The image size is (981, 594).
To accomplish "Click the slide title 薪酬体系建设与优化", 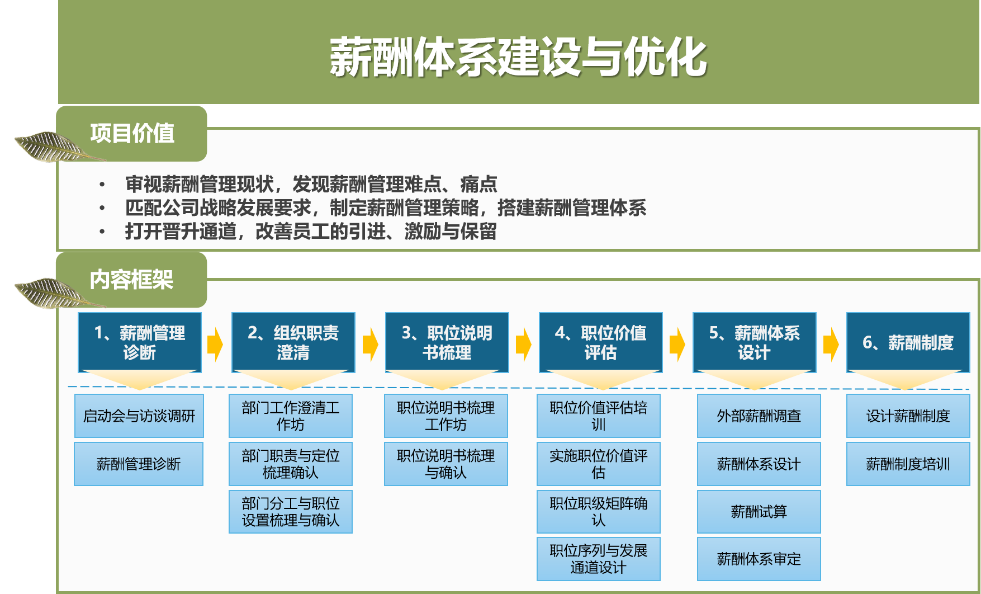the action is [518, 57].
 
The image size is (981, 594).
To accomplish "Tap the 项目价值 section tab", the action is [132, 134].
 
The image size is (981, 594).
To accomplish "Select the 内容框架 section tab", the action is [132, 280].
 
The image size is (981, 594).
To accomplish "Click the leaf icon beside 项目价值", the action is [53, 147].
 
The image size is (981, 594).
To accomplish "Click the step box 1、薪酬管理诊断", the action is [140, 342].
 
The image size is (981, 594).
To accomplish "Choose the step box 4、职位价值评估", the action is [601, 342].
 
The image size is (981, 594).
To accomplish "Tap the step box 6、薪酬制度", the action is [908, 342].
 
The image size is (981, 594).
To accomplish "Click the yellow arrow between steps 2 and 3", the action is [370, 344].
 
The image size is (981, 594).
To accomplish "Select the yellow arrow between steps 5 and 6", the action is [831, 344].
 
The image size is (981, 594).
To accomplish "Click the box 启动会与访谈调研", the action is [139, 416].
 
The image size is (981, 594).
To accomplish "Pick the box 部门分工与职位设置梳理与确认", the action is [291, 512].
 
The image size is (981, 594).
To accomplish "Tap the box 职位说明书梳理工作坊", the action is [446, 416].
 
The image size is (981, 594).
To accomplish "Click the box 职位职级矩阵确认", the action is [599, 512].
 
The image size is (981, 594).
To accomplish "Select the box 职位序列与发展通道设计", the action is [599, 559].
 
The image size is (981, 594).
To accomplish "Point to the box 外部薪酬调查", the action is [759, 416].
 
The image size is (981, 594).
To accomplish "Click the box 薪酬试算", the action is [759, 512].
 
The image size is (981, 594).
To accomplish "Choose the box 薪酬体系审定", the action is [759, 559].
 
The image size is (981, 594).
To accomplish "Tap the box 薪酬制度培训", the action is [908, 464].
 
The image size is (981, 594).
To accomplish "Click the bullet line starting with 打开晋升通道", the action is [311, 231].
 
